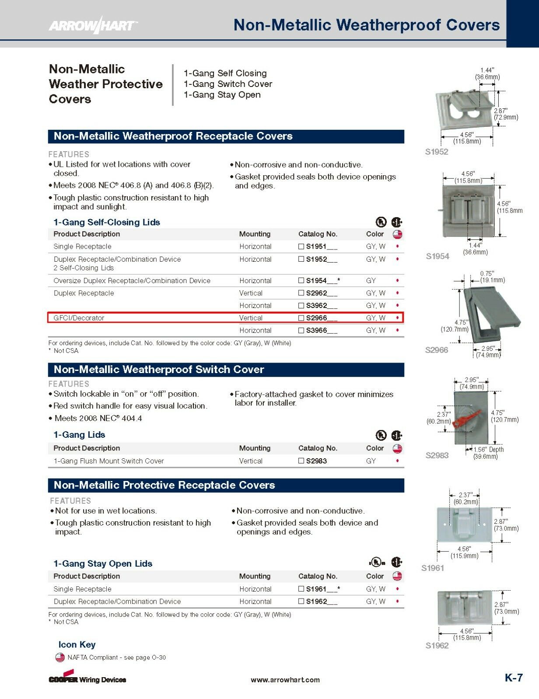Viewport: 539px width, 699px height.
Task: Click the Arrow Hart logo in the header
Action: [93, 25]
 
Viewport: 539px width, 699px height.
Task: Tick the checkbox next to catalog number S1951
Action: [301, 246]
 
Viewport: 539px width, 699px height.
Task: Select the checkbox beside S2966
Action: [301, 318]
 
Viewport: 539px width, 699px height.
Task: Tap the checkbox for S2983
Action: [301, 460]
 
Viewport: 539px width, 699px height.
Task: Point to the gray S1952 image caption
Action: [437, 152]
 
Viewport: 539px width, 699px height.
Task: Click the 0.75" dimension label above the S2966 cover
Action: [487, 273]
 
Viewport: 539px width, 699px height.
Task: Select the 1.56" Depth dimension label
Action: [488, 450]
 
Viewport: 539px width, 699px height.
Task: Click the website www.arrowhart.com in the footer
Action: [285, 680]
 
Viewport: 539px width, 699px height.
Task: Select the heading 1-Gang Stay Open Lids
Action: [103, 564]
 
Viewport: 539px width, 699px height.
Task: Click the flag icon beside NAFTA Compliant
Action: [60, 657]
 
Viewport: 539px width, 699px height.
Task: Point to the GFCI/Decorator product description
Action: [79, 318]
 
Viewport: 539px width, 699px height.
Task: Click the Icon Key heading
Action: [77, 645]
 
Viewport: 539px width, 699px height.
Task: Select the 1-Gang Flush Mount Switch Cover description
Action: [109, 461]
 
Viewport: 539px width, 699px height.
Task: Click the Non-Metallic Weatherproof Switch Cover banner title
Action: [159, 369]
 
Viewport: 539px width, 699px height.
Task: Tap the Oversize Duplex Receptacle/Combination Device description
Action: [132, 280]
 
